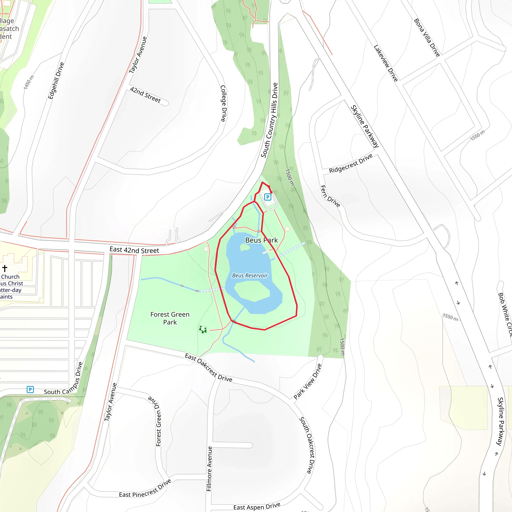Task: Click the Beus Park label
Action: coord(261,240)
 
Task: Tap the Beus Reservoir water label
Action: coord(250,275)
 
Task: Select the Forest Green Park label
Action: coord(170,318)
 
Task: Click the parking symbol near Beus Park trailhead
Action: coord(268,197)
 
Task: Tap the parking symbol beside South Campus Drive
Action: coord(30,389)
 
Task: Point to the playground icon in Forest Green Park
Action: coord(203,329)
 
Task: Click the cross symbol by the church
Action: coord(5,268)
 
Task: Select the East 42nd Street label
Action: coord(134,250)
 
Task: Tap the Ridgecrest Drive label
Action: coord(350,163)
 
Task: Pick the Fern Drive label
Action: coord(330,196)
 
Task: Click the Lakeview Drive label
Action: coord(385,63)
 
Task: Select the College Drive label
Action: coord(223,103)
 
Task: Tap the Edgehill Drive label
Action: coord(56,80)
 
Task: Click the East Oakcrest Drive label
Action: coord(208,367)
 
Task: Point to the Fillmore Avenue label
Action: coord(209,468)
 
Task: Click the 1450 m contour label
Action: coord(28,82)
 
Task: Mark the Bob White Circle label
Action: coord(505,314)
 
